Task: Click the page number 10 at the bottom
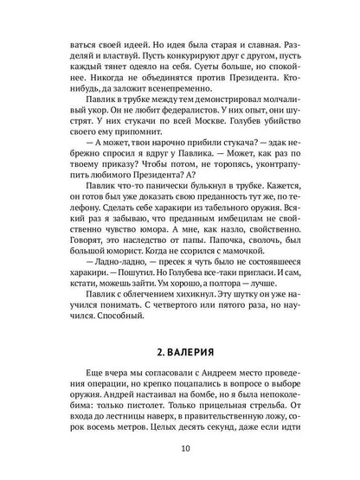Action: coord(180,448)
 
